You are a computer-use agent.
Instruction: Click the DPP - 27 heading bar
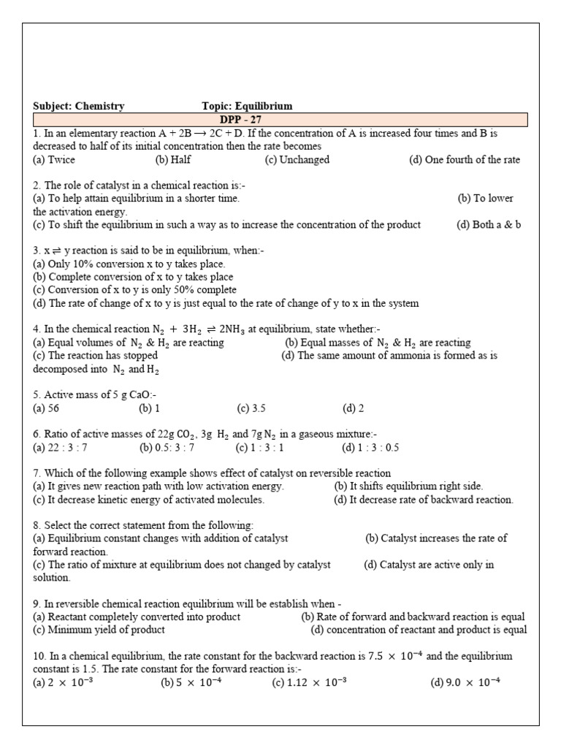pos(280,120)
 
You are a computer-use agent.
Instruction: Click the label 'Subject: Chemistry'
pos(79,106)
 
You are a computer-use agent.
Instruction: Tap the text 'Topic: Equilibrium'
pos(247,106)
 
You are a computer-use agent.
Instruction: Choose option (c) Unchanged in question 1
pos(297,160)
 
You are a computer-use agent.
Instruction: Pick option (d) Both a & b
pos(489,225)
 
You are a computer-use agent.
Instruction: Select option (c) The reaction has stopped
pos(96,356)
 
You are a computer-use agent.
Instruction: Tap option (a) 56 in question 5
pos(46,409)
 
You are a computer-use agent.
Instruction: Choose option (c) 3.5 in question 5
pos(251,409)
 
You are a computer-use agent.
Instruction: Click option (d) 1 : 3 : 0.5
pos(370,448)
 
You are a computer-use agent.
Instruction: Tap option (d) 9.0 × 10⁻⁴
pos(465,683)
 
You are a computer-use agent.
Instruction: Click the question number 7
pos(37,473)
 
